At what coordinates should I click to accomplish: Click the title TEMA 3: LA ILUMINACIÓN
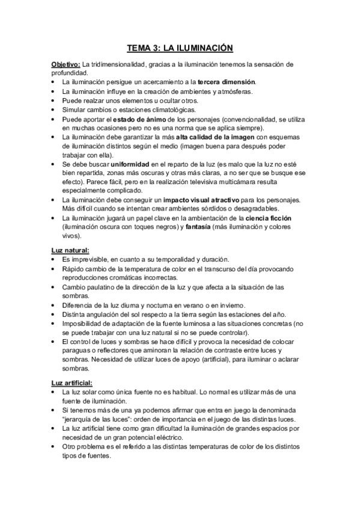point(180,47)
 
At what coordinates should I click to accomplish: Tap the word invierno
point(228,305)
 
